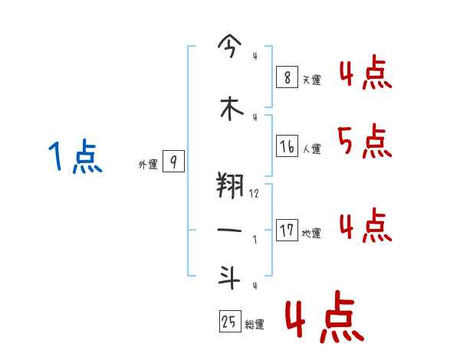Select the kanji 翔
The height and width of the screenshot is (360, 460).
point(230,185)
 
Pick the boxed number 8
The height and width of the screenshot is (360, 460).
point(287,77)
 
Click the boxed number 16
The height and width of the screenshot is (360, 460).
point(287,146)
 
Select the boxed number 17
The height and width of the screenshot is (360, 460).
point(287,230)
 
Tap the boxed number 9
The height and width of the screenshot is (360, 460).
point(173,162)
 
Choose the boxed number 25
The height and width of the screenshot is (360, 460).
point(230,322)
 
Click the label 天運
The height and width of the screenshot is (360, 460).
point(311,80)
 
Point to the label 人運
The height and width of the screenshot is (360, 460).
point(311,149)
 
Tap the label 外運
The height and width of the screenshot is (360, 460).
point(148,164)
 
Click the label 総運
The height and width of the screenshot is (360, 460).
point(255,325)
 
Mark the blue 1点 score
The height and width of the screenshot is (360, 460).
point(74,158)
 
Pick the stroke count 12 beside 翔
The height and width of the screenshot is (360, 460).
point(255,195)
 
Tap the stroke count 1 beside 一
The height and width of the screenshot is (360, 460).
point(255,239)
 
